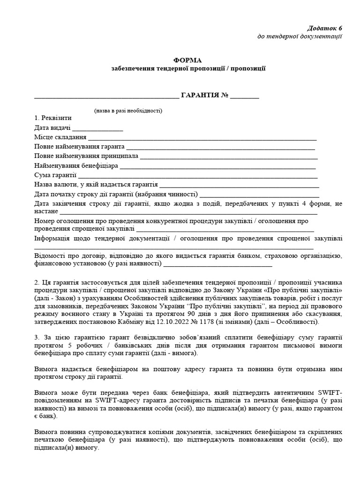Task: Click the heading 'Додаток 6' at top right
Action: pyautogui.click(x=325, y=28)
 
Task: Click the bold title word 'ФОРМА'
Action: pyautogui.click(x=188, y=60)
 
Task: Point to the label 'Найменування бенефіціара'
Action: pyautogui.click(x=76, y=166)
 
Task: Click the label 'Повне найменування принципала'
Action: pyautogui.click(x=86, y=156)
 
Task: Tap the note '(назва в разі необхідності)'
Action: pyautogui.click(x=127, y=111)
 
